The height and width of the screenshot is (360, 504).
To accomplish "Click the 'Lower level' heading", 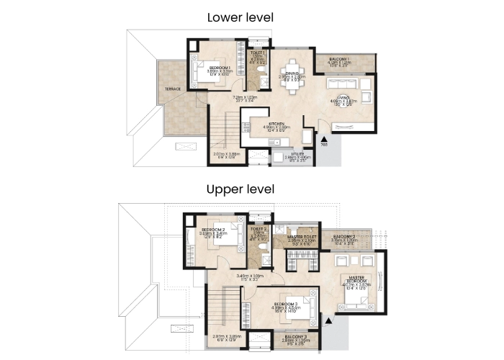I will (x=240, y=17).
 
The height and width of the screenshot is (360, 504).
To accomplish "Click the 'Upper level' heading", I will (x=240, y=190).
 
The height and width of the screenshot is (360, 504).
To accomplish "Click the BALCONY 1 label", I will (x=339, y=59).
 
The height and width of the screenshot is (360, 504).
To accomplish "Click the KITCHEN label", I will (x=276, y=122).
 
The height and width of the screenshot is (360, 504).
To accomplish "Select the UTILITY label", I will (x=297, y=153).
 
